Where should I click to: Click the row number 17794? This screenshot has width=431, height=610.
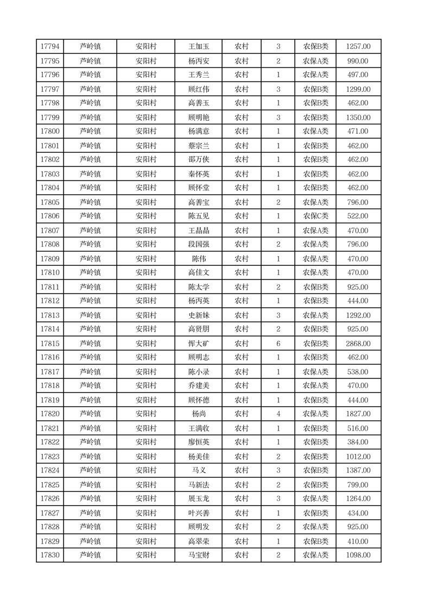click(x=50, y=47)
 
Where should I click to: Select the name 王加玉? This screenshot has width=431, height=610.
click(x=198, y=47)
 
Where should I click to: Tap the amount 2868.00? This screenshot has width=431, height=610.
click(x=358, y=344)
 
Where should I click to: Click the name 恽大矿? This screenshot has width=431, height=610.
click(x=198, y=344)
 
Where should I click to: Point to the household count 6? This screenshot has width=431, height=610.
click(x=278, y=344)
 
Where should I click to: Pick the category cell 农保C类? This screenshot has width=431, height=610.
click(x=315, y=216)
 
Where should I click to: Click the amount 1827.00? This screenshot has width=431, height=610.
click(x=358, y=414)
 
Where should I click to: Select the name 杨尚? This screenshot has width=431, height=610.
click(x=198, y=414)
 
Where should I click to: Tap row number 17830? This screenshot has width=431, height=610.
click(x=50, y=555)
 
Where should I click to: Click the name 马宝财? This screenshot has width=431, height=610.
click(x=198, y=555)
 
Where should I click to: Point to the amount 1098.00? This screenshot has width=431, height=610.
click(x=358, y=555)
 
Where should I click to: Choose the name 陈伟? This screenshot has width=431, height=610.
click(x=198, y=259)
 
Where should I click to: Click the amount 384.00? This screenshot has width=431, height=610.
click(x=358, y=442)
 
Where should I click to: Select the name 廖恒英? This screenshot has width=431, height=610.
click(x=198, y=442)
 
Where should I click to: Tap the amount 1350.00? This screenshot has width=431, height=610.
click(x=358, y=117)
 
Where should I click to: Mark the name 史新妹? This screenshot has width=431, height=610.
click(x=198, y=315)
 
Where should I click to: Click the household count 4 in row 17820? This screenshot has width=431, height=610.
click(x=278, y=414)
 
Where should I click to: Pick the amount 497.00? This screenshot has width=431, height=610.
click(x=358, y=75)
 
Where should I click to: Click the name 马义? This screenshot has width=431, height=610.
click(x=198, y=470)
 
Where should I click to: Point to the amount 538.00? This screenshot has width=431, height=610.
click(x=358, y=372)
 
